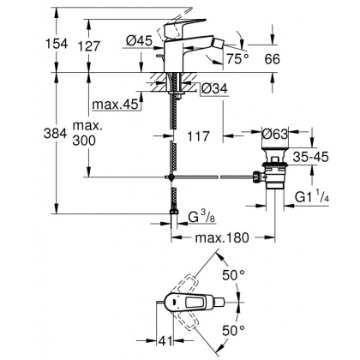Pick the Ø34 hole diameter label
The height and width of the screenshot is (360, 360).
pyautogui.click(x=214, y=87)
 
